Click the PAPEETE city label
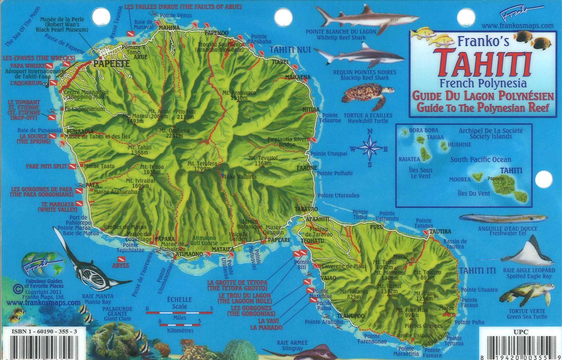point(111,64)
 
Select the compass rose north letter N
point(370,132)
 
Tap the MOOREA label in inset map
point(459,179)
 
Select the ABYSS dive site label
point(121,265)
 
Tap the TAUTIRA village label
point(440,231)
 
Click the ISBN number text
point(44,332)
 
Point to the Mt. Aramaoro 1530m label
point(239,95)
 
